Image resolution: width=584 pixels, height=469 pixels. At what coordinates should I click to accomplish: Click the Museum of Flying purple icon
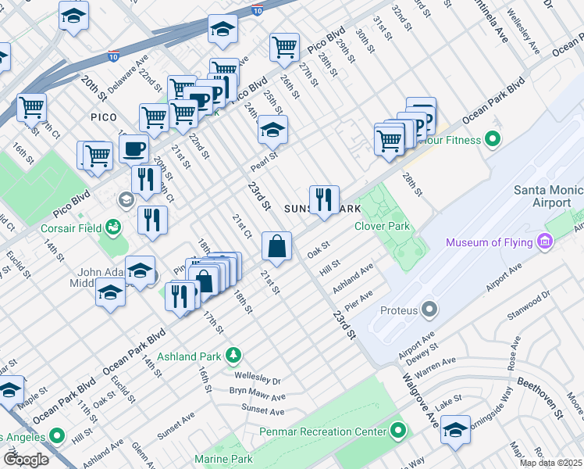(544, 242)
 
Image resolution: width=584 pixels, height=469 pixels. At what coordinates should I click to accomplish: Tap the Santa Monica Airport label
(547, 196)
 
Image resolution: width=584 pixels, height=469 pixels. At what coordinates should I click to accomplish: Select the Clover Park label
(382, 226)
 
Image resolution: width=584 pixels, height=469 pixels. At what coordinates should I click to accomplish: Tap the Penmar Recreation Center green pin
(398, 431)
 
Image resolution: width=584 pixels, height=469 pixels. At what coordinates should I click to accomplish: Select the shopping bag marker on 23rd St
(276, 246)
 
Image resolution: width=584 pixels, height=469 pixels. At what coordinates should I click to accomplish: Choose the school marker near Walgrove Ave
(455, 431)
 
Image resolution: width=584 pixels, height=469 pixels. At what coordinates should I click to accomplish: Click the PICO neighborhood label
(104, 116)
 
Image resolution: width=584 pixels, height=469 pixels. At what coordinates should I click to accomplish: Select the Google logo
(26, 459)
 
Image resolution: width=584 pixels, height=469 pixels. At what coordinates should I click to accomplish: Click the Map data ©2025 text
(550, 463)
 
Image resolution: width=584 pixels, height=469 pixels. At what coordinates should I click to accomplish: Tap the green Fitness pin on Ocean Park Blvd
(493, 141)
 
